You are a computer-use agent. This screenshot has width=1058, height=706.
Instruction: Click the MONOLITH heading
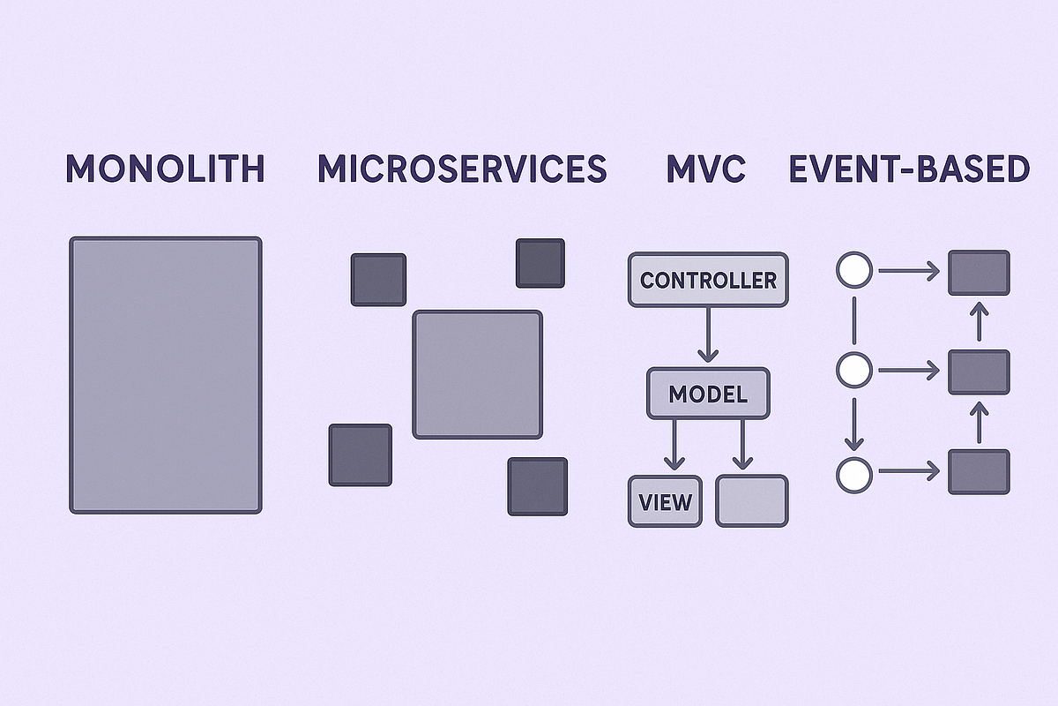[166, 169]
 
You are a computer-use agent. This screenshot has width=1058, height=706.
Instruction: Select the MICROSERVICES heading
[462, 169]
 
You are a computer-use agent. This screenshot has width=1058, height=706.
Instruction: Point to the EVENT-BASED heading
[909, 169]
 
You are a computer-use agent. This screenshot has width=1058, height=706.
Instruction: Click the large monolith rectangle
[166, 374]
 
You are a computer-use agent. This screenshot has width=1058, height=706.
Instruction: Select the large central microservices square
[477, 374]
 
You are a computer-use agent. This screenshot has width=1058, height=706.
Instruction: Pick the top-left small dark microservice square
[378, 279]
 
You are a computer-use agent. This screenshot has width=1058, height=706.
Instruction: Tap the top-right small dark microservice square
[540, 263]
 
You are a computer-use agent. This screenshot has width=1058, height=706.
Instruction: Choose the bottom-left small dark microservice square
[360, 454]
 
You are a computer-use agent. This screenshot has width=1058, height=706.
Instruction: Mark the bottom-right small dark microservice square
[537, 485]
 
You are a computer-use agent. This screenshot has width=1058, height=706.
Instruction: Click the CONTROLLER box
[708, 281]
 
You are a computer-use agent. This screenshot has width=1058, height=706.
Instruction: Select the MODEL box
[708, 394]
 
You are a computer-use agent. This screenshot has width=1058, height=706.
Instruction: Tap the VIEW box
[666, 501]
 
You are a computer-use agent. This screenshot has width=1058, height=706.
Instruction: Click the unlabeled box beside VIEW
[752, 501]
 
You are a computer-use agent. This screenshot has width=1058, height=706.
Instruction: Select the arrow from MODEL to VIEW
[674, 444]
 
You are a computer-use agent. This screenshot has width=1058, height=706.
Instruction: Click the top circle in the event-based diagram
[853, 270]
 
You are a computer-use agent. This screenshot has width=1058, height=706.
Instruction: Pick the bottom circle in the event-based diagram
[853, 475]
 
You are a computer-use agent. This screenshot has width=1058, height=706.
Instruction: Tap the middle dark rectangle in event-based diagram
[979, 372]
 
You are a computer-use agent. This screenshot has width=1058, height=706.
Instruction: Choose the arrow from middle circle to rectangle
[908, 372]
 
